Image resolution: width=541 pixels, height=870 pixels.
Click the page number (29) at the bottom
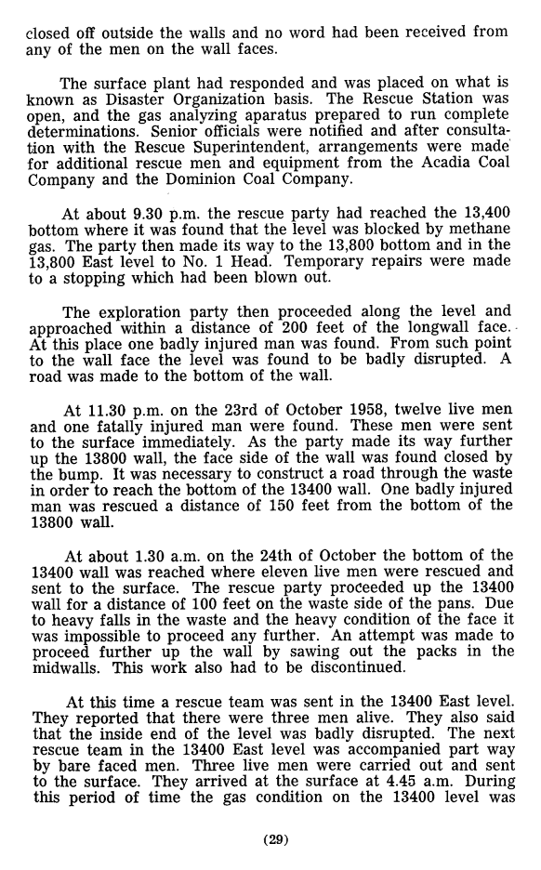pos(275,840)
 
